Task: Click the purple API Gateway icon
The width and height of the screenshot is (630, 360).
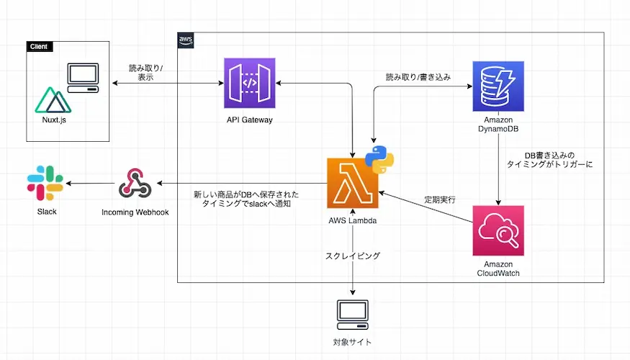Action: click(249, 84)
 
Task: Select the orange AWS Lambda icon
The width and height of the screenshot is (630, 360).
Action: click(352, 184)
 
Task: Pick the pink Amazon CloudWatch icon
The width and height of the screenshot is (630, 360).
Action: click(498, 230)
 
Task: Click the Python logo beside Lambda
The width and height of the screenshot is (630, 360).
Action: click(379, 158)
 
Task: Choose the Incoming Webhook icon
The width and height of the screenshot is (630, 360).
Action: click(135, 184)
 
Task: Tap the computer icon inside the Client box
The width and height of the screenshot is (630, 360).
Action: click(82, 80)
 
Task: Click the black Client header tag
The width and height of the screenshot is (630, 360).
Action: click(38, 47)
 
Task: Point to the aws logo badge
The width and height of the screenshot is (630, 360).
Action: click(185, 40)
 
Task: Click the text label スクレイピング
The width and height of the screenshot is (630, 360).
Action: click(353, 256)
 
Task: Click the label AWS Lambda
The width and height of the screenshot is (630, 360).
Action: click(352, 220)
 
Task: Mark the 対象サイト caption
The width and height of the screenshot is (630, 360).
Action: click(353, 342)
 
